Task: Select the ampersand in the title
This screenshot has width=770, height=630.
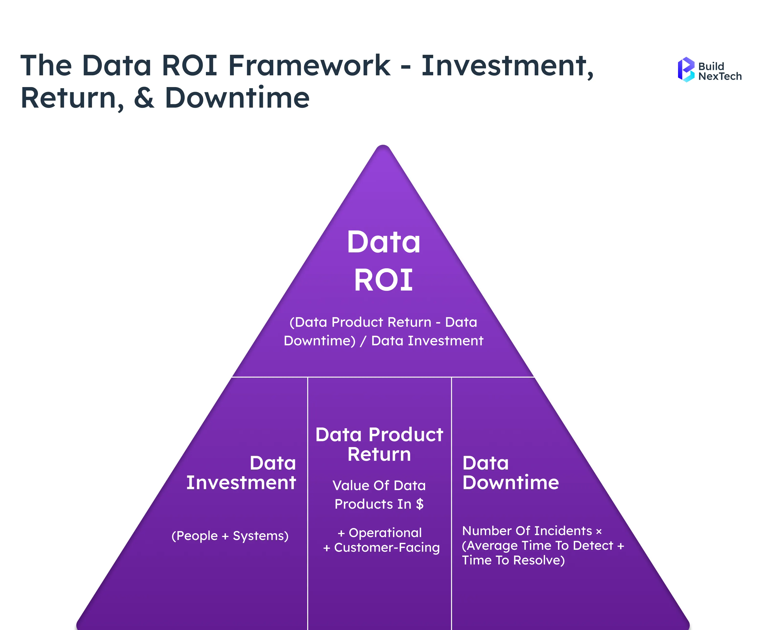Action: (x=144, y=98)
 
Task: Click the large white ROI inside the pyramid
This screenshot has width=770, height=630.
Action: (x=383, y=280)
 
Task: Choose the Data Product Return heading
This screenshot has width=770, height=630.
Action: (x=379, y=444)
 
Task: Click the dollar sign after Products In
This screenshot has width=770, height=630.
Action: (x=419, y=504)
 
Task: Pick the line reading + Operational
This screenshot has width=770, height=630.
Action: (x=380, y=533)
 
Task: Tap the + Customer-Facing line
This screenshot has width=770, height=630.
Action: (x=381, y=548)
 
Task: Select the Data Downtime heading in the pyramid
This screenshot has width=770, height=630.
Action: (x=510, y=472)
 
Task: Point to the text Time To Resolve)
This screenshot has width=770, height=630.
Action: (x=513, y=560)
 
